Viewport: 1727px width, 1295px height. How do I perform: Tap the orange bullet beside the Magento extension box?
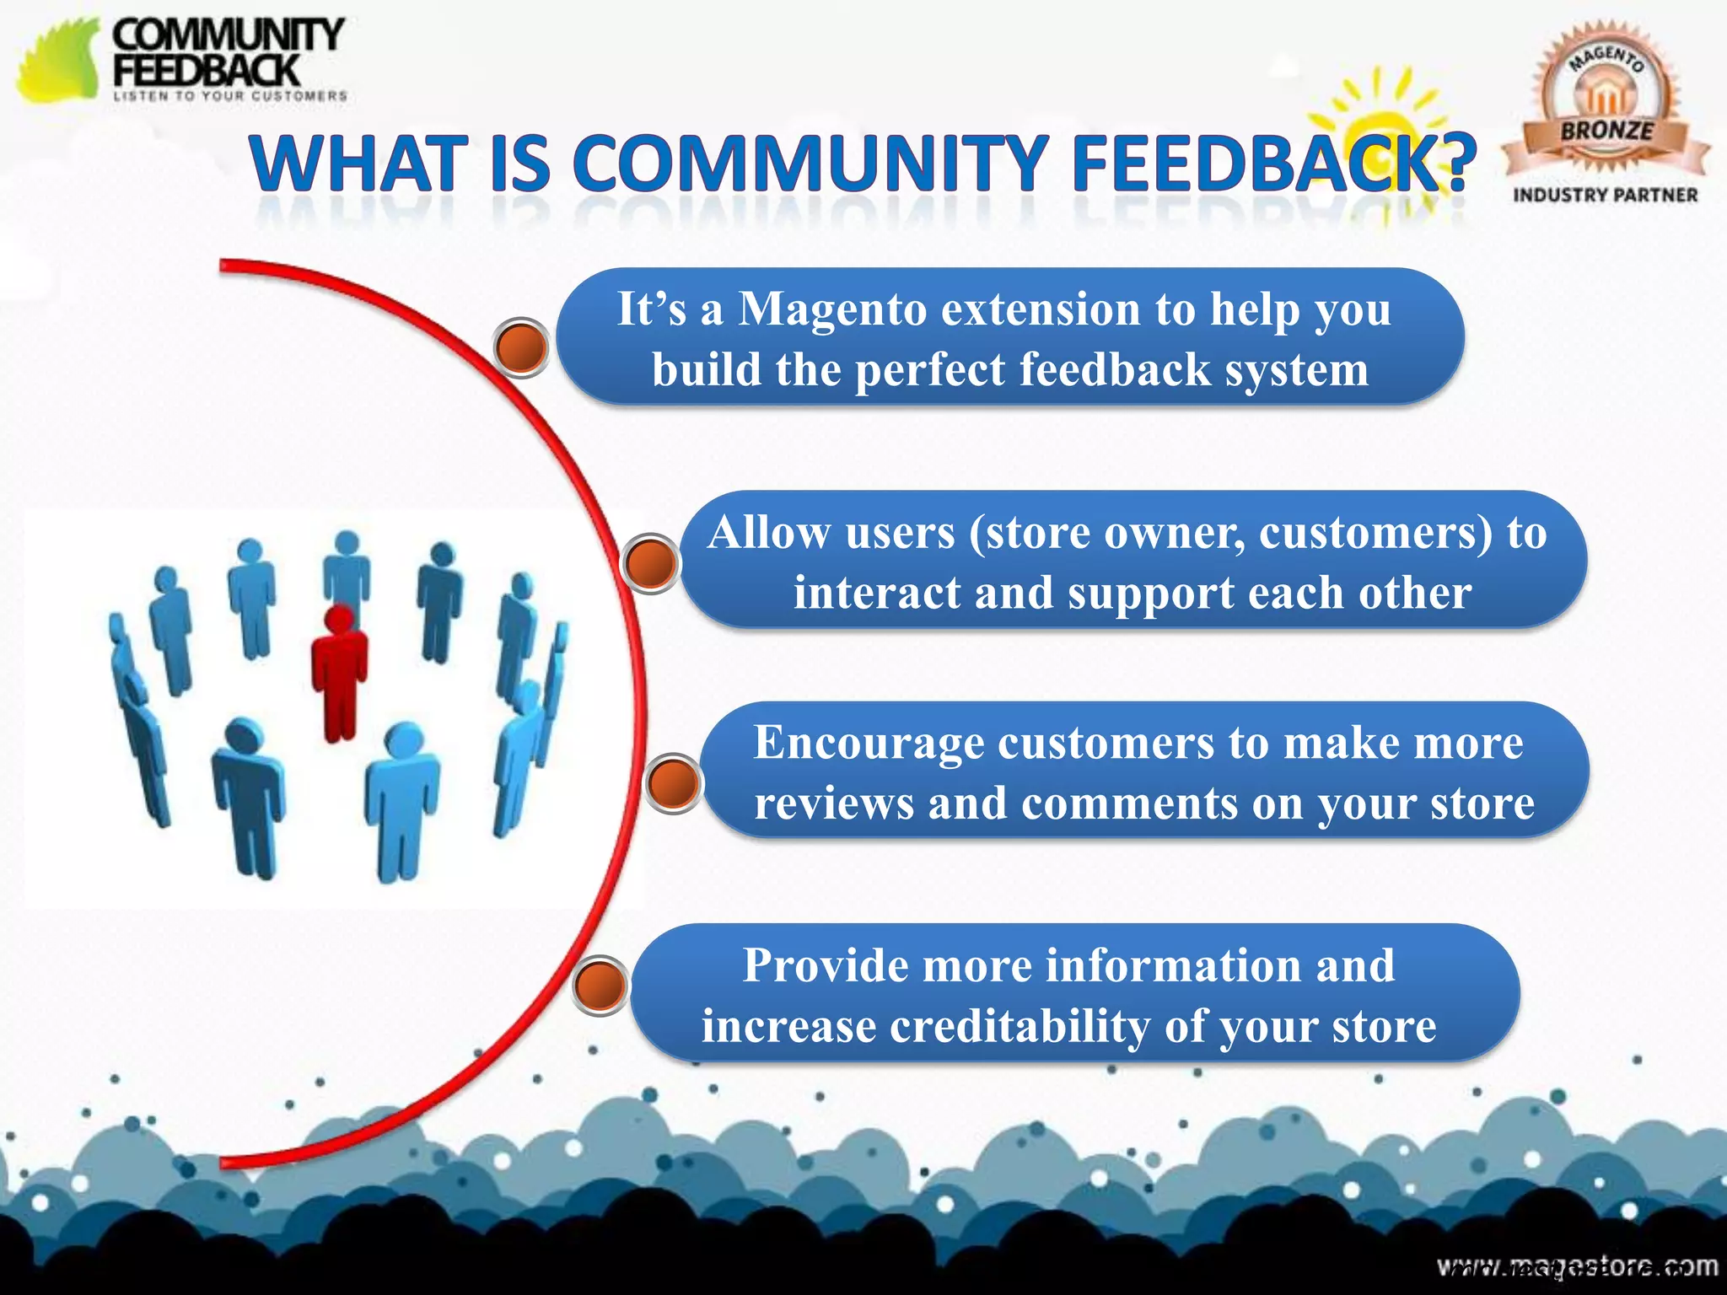pyautogui.click(x=521, y=347)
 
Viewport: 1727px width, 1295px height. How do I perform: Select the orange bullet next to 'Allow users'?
pyautogui.click(x=649, y=562)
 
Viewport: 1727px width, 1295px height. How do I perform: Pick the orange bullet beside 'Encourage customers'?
pyautogui.click(x=673, y=782)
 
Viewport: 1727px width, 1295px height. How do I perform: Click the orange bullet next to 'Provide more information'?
pyautogui.click(x=600, y=985)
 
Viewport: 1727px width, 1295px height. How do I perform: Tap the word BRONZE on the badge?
pyautogui.click(x=1606, y=131)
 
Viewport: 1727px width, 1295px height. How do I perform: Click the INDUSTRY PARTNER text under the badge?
pyautogui.click(x=1606, y=195)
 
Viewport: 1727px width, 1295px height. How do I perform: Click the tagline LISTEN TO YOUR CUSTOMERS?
pyautogui.click(x=230, y=96)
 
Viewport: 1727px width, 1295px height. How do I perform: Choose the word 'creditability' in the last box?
pyautogui.click(x=1020, y=1026)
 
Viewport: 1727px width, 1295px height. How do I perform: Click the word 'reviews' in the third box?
pyautogui.click(x=834, y=803)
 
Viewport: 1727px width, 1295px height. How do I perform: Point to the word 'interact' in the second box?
pyautogui.click(x=876, y=593)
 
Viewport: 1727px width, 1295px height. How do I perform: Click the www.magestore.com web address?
pyautogui.click(x=1577, y=1265)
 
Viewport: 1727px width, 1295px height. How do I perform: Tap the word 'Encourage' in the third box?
pyautogui.click(x=869, y=743)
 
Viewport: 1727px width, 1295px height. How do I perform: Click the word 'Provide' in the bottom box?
pyautogui.click(x=826, y=965)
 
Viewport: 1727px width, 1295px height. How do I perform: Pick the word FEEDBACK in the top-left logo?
pyautogui.click(x=207, y=70)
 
